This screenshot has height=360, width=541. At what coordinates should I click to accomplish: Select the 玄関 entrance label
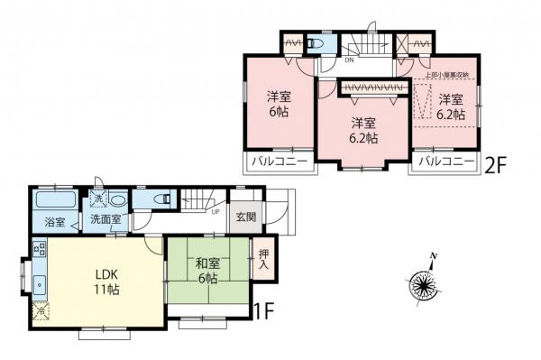tap(245, 217)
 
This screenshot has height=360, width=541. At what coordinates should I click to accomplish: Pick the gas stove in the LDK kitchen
tap(39, 248)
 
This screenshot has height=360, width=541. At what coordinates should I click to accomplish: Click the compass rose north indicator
tap(423, 285)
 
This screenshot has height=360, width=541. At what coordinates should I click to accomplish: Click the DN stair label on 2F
tap(350, 61)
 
